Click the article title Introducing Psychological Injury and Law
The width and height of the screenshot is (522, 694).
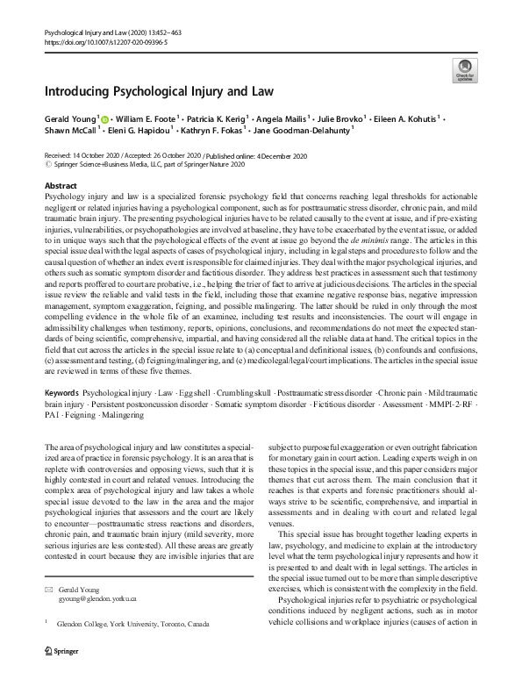[x=159, y=91]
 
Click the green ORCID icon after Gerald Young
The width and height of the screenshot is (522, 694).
[x=104, y=118]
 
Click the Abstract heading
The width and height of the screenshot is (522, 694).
[x=61, y=187]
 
